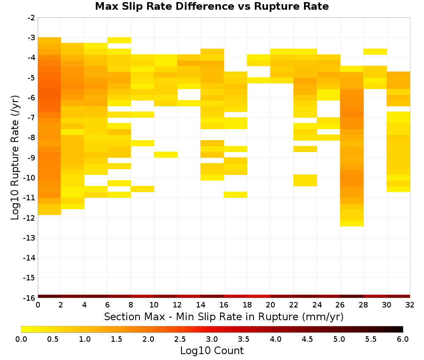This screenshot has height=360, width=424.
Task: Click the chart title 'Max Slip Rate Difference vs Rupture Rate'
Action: [x=212, y=6]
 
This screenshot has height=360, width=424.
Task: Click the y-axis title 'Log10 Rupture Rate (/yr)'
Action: [x=15, y=158]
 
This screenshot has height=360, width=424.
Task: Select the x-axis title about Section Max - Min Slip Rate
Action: [x=224, y=316]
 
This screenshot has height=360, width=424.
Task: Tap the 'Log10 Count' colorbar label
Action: [x=212, y=351]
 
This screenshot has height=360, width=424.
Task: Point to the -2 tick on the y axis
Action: [x=31, y=18]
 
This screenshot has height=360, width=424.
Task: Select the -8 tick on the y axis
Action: [x=31, y=138]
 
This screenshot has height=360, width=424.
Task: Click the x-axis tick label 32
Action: [x=410, y=305]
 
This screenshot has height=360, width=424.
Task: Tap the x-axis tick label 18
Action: [x=247, y=305]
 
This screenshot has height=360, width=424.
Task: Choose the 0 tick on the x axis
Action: [x=38, y=305]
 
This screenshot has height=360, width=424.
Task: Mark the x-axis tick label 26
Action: [x=340, y=305]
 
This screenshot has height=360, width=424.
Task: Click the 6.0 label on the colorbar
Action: [x=403, y=339]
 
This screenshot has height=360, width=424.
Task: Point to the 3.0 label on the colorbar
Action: [x=212, y=339]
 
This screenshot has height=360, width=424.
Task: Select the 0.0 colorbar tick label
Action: [x=21, y=339]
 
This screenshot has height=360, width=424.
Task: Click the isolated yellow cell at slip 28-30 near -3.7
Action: [x=375, y=52]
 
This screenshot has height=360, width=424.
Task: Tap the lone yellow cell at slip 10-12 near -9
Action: [x=166, y=155]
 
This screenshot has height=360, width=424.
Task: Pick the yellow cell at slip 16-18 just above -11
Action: [x=235, y=195]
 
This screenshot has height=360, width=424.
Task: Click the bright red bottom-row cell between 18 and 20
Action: [x=259, y=296]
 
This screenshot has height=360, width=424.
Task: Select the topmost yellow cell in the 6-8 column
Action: [x=119, y=40]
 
